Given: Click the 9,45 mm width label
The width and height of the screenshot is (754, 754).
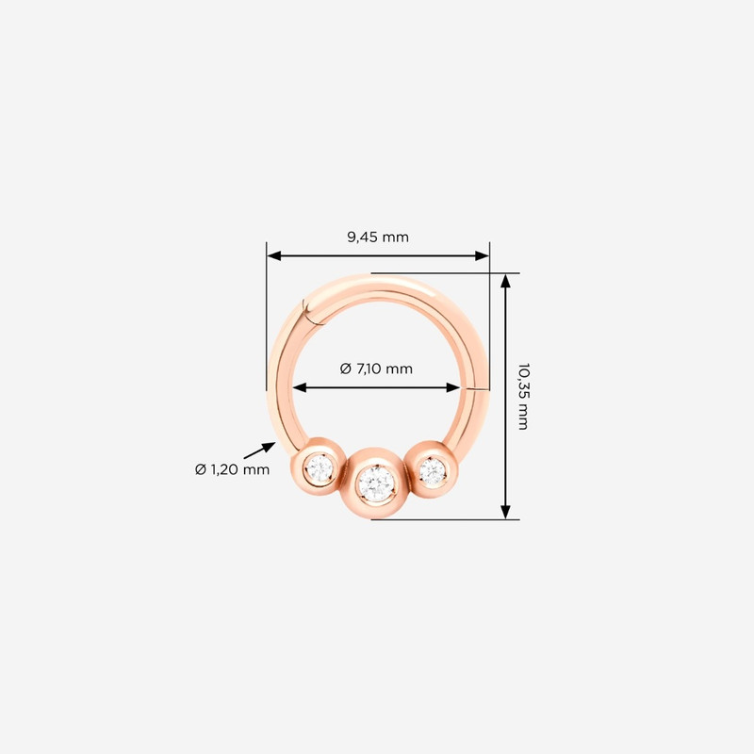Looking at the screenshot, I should point(378,238).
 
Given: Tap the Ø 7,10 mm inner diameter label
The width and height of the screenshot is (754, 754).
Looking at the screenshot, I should point(376,369).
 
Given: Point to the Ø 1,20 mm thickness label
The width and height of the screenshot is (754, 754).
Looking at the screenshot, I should point(232,469).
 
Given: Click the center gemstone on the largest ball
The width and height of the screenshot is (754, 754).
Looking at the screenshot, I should point(377,484).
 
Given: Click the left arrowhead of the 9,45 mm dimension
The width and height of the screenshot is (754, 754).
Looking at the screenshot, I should point(274,255).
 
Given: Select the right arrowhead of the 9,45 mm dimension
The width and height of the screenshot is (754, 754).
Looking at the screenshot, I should point(482,255).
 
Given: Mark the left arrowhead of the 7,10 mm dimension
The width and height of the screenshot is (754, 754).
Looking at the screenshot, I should point(299,387).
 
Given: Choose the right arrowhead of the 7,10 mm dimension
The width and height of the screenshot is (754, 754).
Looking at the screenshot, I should point(453,387).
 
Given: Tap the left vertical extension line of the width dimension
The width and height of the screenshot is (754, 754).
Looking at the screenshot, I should point(267,320).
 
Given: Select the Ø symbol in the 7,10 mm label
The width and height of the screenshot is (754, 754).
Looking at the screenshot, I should point(346,369).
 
